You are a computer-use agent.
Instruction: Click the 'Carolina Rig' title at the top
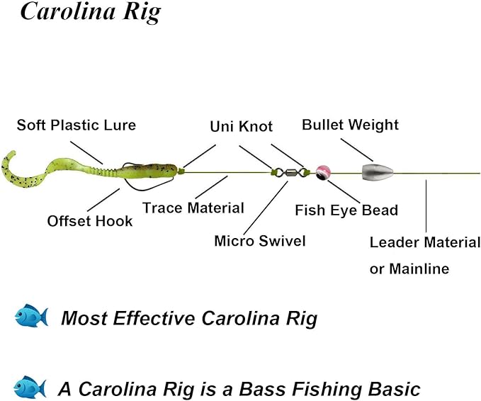[91, 12]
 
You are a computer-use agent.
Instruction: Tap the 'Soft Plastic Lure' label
[77, 125]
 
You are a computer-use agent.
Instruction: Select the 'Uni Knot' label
[242, 126]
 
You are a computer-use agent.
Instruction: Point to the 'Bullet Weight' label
[351, 125]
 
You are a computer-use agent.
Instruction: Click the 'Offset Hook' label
[90, 221]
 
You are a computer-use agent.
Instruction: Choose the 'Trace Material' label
[193, 208]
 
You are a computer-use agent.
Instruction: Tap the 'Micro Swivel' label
[260, 241]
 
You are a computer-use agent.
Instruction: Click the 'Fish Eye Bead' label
[346, 210]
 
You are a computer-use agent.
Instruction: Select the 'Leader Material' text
[425, 242]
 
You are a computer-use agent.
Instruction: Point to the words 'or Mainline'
[409, 269]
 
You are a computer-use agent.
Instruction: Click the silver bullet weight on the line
[378, 172]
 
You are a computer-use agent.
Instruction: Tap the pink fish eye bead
[323, 172]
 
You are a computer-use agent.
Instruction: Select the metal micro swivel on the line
[290, 172]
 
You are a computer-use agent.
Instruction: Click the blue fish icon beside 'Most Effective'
[31, 315]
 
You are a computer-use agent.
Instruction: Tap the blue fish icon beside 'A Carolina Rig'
[30, 388]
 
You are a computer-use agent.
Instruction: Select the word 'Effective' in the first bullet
[154, 318]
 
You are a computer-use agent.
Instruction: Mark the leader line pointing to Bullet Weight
[357, 149]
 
